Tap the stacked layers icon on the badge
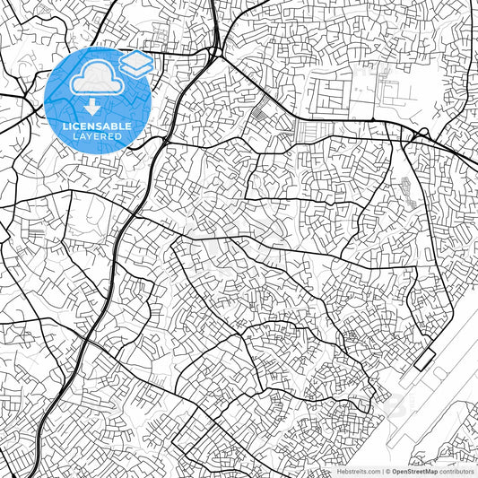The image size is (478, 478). [135, 64]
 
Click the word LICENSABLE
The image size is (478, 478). [97, 126]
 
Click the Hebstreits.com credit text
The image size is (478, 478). [359, 471]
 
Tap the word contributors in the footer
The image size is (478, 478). [457, 471]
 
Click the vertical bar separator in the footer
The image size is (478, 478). [380, 471]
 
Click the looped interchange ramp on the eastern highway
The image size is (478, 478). [417, 136]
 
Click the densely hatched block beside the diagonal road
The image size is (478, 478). [261, 114]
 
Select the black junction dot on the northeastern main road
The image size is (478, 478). [373, 119]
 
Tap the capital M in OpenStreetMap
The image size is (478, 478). [424, 471]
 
